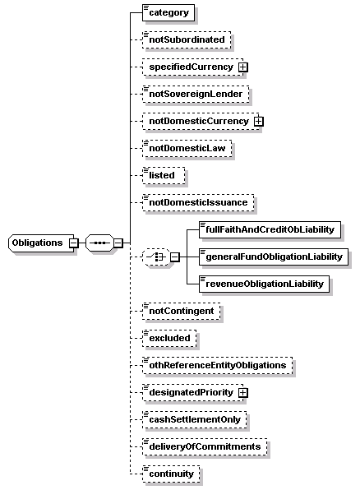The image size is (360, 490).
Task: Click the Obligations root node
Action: click(x=41, y=243)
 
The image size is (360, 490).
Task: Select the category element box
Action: click(x=168, y=13)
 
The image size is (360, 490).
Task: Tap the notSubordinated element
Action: click(x=187, y=39)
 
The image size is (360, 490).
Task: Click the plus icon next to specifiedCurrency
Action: click(x=242, y=67)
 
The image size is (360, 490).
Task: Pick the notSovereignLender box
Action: click(x=196, y=94)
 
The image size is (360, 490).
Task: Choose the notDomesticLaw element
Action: click(x=187, y=148)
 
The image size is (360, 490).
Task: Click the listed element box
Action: click(x=164, y=175)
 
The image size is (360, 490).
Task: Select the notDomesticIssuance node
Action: click(x=198, y=202)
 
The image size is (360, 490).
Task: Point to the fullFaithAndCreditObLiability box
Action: click(x=270, y=229)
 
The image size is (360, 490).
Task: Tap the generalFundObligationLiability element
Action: click(x=274, y=257)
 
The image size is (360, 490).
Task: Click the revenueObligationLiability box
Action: click(x=265, y=284)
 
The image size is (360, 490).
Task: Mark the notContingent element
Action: click(x=182, y=311)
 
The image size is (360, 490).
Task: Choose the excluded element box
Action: click(x=169, y=338)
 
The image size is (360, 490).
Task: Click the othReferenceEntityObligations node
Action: click(x=218, y=365)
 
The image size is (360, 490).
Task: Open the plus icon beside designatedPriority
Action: click(x=242, y=392)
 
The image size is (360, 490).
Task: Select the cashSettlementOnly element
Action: click(x=194, y=419)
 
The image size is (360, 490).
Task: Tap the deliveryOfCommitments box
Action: click(x=205, y=446)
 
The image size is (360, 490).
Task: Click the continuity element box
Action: click(x=171, y=474)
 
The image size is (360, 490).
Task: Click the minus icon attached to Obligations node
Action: click(x=73, y=243)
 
